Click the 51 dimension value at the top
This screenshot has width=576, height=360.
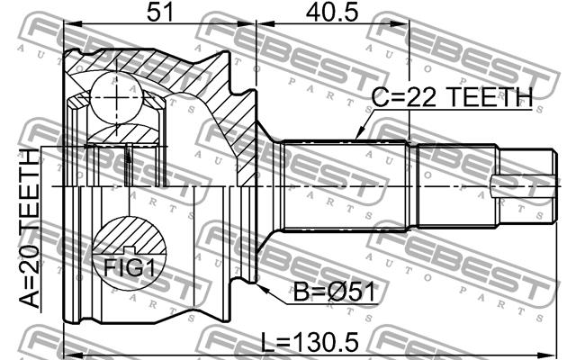click(159, 12)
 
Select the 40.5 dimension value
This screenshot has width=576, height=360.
click(332, 12)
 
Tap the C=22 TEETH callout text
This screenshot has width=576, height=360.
click(452, 97)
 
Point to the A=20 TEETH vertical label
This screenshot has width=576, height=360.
click(30, 228)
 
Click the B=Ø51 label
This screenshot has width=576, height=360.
click(334, 292)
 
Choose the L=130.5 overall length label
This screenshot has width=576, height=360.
click(310, 342)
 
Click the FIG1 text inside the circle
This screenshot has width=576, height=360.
click(130, 267)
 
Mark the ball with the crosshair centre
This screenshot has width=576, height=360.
click(116, 97)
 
